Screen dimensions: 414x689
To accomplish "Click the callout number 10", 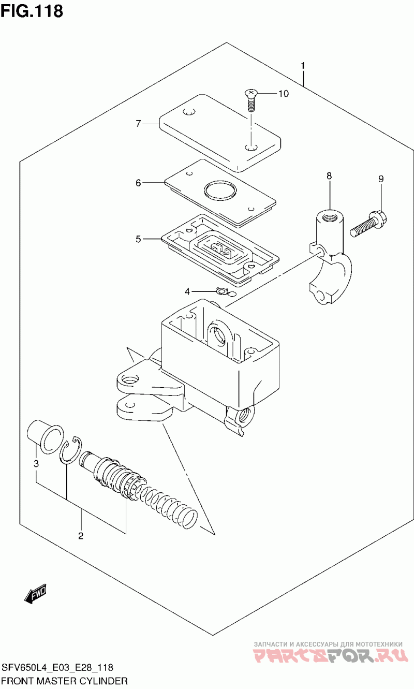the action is [x=284, y=94].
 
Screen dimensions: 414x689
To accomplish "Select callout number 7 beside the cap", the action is [x=138, y=124].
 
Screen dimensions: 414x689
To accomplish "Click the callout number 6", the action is [x=138, y=183].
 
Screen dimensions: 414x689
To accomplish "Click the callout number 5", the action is [x=138, y=239].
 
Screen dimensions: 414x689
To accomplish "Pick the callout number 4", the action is [x=187, y=291].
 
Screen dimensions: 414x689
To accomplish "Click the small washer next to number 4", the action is [x=221, y=290].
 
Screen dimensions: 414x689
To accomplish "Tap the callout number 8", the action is [x=329, y=176].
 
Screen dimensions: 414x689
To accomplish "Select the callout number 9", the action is [x=381, y=179].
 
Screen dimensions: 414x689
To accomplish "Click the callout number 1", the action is [x=303, y=66].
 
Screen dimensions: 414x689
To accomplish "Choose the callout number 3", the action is [x=36, y=463].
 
